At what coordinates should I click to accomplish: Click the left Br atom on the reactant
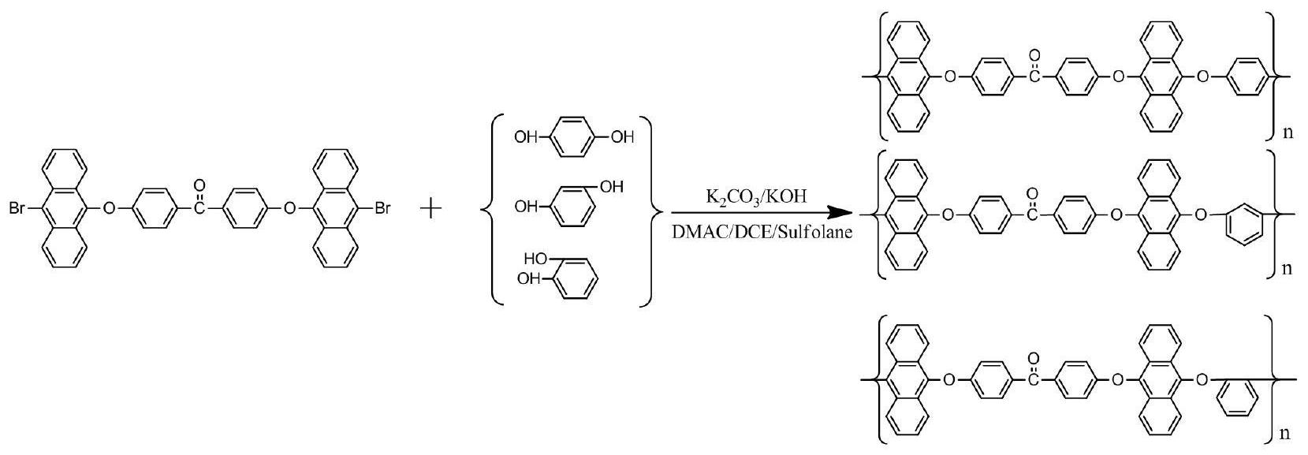point(17,208)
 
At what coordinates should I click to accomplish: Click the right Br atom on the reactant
point(382,208)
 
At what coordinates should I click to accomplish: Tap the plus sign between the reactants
point(431,209)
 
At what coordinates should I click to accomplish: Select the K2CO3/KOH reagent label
point(755,197)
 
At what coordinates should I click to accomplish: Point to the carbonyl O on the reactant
point(200,186)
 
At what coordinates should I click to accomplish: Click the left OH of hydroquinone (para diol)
point(526,138)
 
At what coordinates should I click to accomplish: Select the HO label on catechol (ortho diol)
point(535,258)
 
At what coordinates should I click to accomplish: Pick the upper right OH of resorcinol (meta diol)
point(611,187)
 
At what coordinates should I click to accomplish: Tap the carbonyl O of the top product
point(1034,56)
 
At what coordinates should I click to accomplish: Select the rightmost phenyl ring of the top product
point(1248,76)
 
